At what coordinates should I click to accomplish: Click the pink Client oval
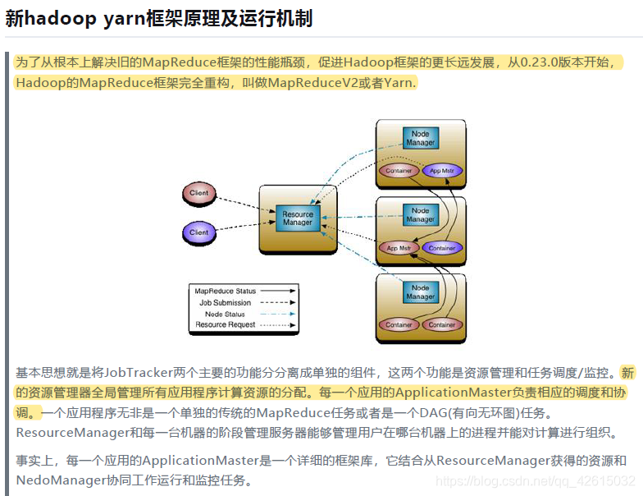[x=198, y=194]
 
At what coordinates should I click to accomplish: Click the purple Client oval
[x=198, y=232]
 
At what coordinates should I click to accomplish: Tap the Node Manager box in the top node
[x=420, y=138]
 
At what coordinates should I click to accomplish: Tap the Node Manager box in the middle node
[x=420, y=215]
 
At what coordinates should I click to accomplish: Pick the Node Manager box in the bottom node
[x=420, y=292]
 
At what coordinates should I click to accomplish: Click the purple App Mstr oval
[x=441, y=171]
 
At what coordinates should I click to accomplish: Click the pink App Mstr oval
[x=399, y=247]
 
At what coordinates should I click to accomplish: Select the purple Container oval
[x=441, y=247]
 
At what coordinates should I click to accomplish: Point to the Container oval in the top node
[x=399, y=171]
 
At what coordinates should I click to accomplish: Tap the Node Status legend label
[x=225, y=314]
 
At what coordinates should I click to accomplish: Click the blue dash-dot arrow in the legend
[x=277, y=314]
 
